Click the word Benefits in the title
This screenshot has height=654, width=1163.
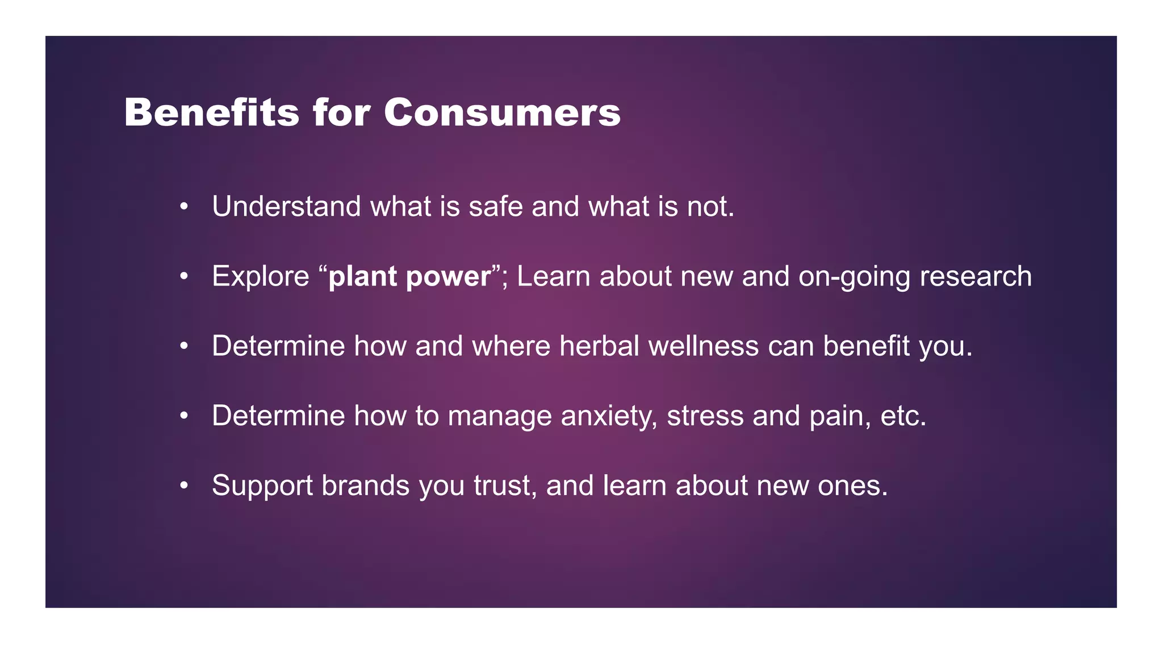tap(211, 112)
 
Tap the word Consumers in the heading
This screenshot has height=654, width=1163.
tap(502, 112)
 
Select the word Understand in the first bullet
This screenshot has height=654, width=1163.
tap(286, 206)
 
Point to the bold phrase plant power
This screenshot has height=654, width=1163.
tap(409, 276)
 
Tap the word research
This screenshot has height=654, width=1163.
tap(975, 276)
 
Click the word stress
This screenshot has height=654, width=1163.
tap(705, 416)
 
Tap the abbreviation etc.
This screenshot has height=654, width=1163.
tap(903, 416)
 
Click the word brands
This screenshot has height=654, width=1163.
tap(365, 485)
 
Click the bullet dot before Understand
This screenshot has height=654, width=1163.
tap(183, 207)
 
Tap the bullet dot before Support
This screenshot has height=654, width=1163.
tap(183, 487)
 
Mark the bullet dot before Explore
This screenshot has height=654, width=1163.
tap(183, 277)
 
